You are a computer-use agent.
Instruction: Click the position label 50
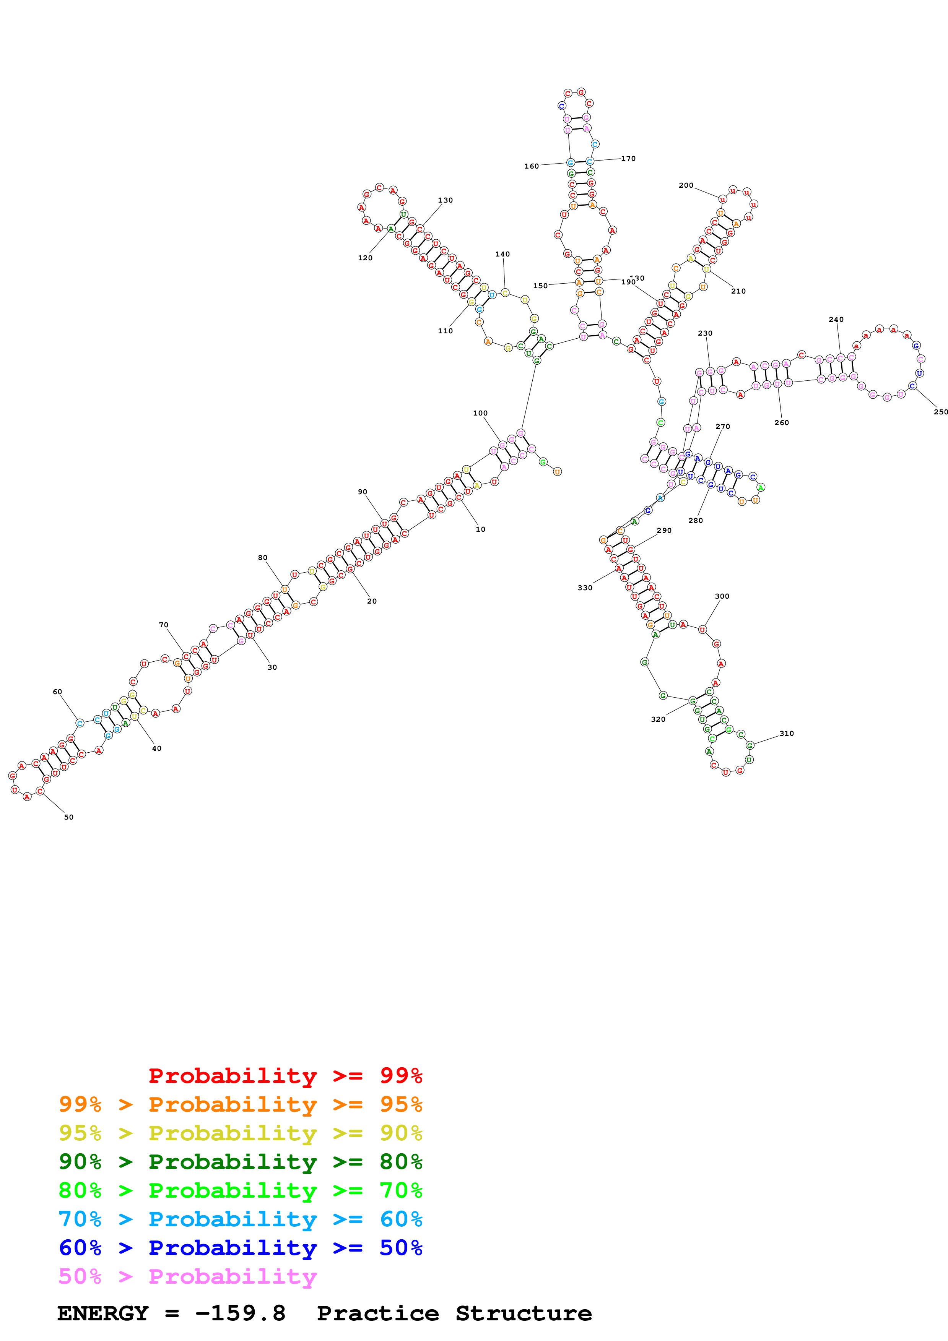coord(69,817)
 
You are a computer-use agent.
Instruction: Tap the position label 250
coord(940,412)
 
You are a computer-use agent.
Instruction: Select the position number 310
coord(786,734)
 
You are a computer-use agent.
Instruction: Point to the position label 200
coord(686,185)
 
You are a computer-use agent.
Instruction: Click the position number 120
coord(365,258)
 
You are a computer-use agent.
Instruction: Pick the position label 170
coord(628,158)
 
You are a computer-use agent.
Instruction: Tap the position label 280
coord(695,520)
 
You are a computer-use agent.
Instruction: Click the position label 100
coord(480,413)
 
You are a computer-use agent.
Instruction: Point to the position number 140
coord(502,254)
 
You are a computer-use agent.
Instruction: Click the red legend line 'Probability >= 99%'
coord(285,1075)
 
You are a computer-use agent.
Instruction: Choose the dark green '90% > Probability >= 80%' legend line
coord(240,1162)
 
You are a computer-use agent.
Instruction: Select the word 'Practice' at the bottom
coord(377,1313)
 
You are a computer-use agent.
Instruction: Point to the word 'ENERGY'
coord(103,1313)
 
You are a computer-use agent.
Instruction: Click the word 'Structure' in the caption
coord(524,1313)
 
